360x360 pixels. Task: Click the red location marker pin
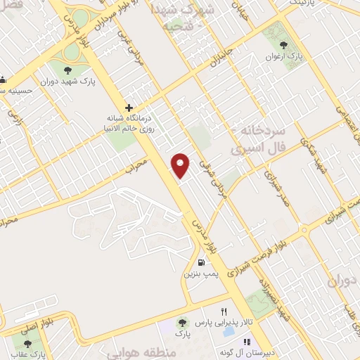pyautogui.click(x=181, y=165)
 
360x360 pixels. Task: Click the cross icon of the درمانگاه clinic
pyautogui.click(x=129, y=108)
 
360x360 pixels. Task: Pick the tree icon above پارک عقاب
pyautogui.click(x=27, y=344)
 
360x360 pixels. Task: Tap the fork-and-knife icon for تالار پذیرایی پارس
pyautogui.click(x=224, y=311)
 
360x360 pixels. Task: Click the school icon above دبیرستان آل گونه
pyautogui.click(x=247, y=342)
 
